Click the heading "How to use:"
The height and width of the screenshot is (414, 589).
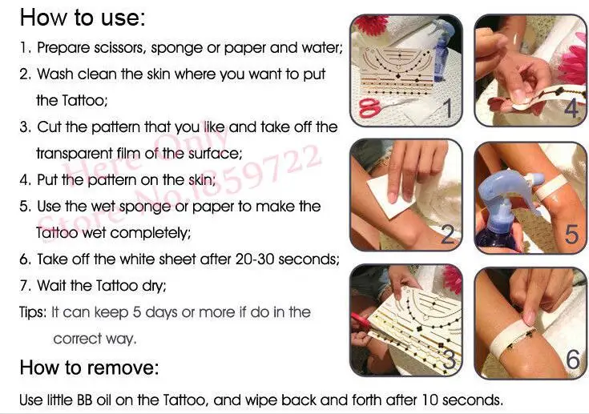click(83, 18)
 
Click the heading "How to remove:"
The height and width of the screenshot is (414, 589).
click(90, 368)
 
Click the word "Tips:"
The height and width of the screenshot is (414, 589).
click(34, 312)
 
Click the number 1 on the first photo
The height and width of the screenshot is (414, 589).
click(447, 108)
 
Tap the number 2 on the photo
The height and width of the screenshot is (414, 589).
click(447, 234)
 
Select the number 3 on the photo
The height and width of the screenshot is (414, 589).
click(449, 360)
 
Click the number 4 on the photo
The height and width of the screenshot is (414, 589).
click(571, 108)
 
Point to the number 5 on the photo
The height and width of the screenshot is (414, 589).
click(571, 235)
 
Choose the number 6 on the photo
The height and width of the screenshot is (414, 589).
click(573, 360)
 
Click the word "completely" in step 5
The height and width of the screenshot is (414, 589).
click(151, 233)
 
